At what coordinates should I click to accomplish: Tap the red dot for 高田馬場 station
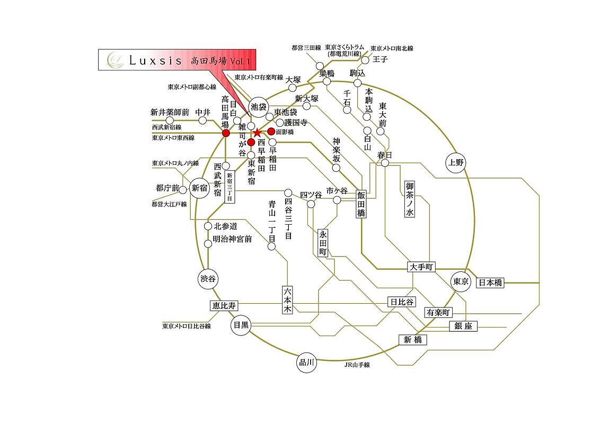(x=226, y=133)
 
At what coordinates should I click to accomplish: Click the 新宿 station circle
(x=199, y=188)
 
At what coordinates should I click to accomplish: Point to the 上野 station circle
(x=456, y=163)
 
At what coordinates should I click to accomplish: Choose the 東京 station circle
(x=461, y=282)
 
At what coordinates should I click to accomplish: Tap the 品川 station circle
(x=307, y=363)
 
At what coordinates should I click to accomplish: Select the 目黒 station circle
(x=241, y=325)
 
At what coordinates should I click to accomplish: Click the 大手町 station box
(x=421, y=268)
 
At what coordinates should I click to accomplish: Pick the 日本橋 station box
(x=490, y=282)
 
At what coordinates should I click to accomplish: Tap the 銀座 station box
(x=463, y=326)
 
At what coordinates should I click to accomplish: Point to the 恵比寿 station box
(x=224, y=306)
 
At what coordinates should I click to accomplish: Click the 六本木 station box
(x=287, y=301)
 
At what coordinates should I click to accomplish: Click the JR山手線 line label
(x=357, y=365)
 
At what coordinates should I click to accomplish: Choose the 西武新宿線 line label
(x=167, y=128)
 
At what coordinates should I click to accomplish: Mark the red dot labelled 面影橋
(x=271, y=131)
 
